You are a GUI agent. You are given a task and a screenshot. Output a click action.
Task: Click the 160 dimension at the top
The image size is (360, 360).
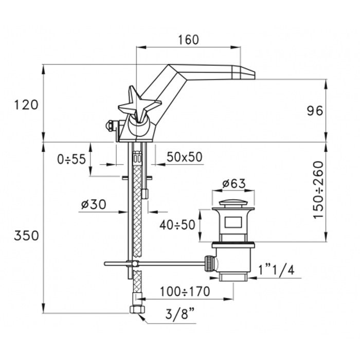pos(188,40)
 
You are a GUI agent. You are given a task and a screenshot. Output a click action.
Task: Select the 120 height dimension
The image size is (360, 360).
pos(26,105)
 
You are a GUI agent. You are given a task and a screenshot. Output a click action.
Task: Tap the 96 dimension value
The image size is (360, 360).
pos(315,111)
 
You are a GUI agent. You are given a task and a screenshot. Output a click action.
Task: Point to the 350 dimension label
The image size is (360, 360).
pos(26,236)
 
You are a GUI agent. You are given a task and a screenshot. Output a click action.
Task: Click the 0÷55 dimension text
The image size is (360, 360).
pos(71,159)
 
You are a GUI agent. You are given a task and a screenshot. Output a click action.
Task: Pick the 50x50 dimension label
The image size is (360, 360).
pos(185,157)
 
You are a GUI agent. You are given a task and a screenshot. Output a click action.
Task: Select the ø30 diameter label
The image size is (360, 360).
pos(94,204)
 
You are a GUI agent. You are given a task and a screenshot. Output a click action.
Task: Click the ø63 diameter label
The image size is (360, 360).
pos(234,184)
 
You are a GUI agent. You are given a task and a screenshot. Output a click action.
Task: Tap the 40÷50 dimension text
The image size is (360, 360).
pos(177,225)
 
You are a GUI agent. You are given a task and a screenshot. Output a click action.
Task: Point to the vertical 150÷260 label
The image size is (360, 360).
pos(319,190)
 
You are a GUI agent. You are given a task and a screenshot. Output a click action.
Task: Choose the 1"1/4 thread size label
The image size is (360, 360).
pos(277,270)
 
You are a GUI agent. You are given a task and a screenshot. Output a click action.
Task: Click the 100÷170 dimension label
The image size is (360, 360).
pos(185,292)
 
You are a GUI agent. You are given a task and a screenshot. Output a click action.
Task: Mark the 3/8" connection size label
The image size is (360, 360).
pos(180,314)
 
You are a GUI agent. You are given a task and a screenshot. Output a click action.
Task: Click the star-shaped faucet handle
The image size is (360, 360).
pos(139,104)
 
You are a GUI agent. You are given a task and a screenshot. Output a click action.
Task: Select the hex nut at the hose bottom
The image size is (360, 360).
pos(137,310)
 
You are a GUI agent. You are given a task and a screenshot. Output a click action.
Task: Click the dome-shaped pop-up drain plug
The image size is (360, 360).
pos(233,203)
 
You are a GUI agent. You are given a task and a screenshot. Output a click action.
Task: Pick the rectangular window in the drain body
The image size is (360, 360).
pos(233,223)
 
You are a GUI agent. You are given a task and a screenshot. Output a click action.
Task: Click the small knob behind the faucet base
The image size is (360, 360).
pos(110,126)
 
